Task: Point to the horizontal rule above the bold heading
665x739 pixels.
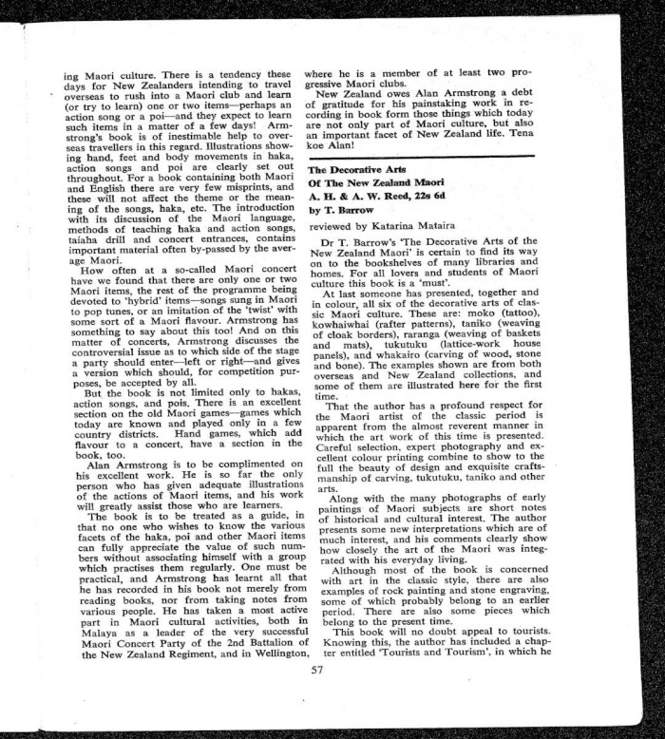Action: [x=437, y=155]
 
